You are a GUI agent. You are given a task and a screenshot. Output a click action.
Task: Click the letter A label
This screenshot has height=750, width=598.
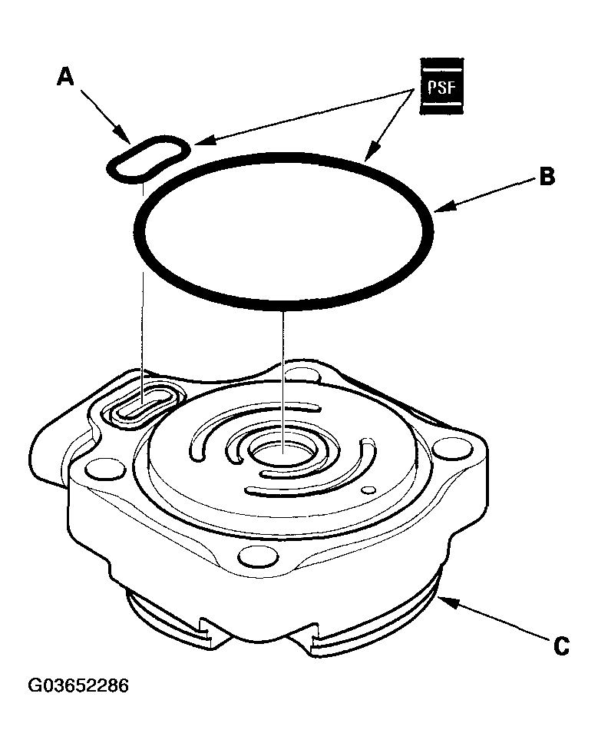[x=67, y=78]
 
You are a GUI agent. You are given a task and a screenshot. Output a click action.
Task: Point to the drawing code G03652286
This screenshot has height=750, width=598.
[x=78, y=685]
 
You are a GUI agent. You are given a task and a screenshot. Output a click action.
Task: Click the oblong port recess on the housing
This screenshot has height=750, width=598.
[x=143, y=403]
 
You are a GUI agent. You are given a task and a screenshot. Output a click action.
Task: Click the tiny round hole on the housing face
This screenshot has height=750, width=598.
[x=371, y=489]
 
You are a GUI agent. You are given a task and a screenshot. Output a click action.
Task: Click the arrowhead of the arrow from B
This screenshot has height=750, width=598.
[x=438, y=208]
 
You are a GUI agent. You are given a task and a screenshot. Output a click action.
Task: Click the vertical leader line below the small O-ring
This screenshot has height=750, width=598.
[x=143, y=292]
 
